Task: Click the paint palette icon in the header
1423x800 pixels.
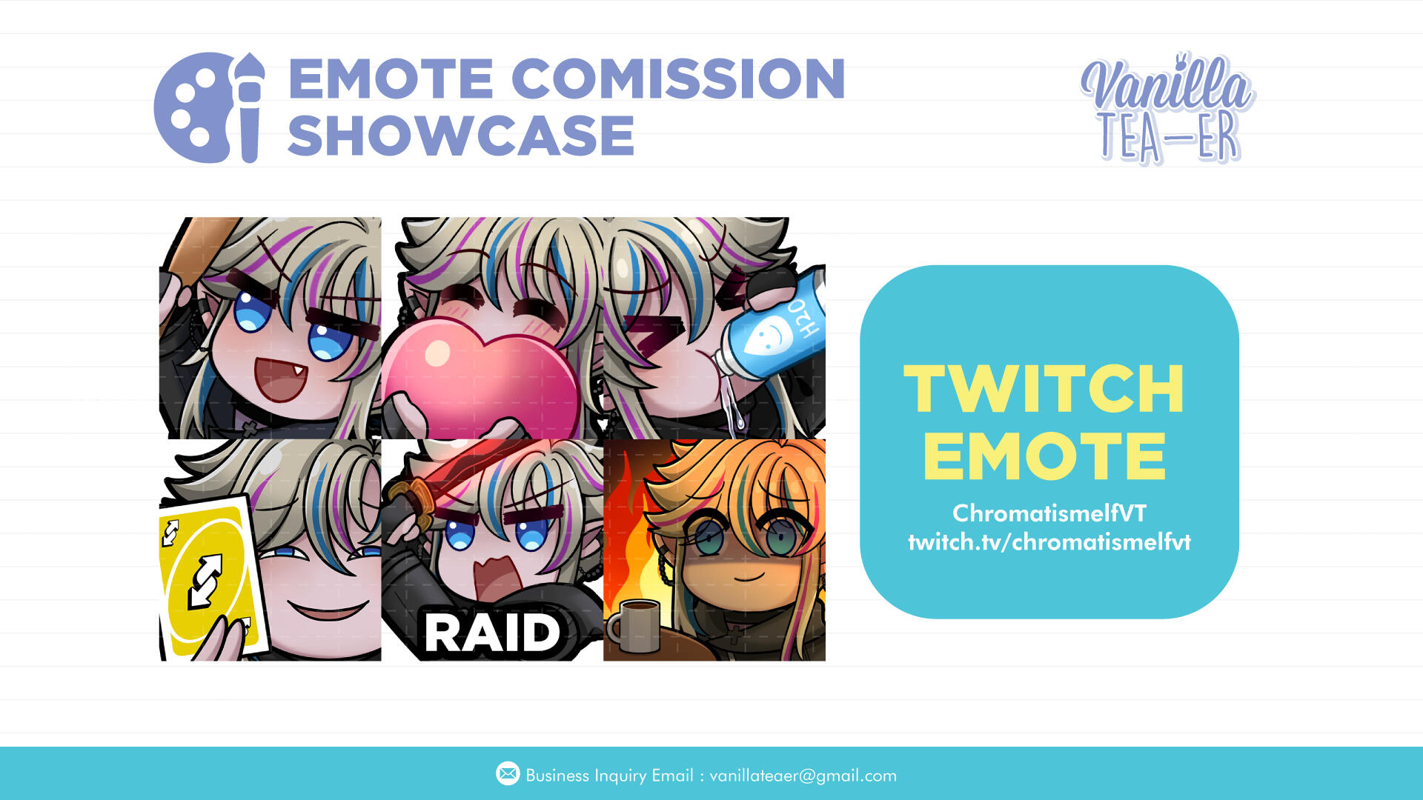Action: (194, 108)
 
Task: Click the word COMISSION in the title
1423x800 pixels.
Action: (678, 79)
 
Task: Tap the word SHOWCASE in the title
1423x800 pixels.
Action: (461, 136)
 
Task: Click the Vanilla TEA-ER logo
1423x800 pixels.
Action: (1168, 108)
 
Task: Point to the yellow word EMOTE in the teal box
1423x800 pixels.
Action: (1044, 456)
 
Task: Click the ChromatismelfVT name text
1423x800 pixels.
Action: (1049, 513)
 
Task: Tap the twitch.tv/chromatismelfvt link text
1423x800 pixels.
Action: (1049, 542)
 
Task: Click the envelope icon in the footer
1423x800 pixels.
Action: (508, 774)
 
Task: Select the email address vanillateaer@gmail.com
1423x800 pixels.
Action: (803, 776)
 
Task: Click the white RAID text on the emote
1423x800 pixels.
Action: (492, 633)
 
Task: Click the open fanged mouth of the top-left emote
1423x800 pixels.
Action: (280, 379)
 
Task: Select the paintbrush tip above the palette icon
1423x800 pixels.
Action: (251, 66)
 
